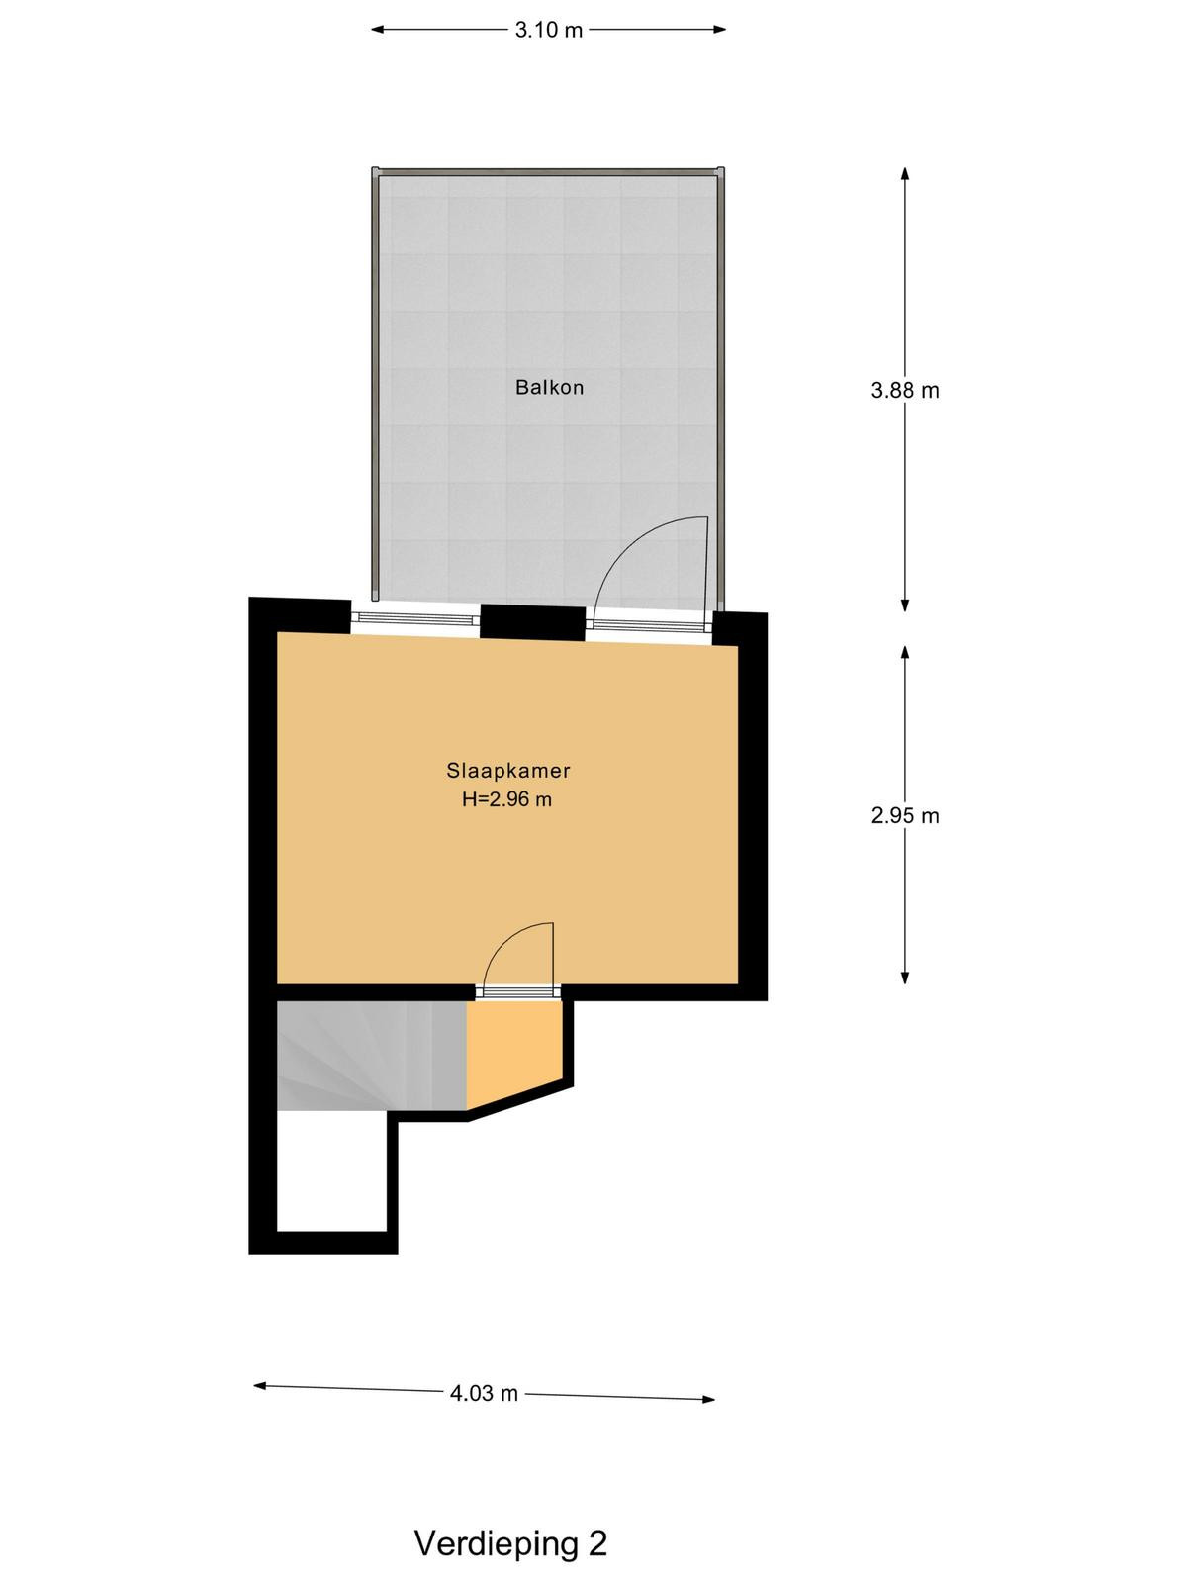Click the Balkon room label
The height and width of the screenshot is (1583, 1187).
point(549,387)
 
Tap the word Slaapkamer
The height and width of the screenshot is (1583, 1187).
point(508,770)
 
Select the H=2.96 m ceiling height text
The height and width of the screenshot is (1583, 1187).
point(506,799)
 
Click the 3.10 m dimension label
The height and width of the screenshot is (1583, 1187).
point(548,31)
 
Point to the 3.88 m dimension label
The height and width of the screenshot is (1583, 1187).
point(905,390)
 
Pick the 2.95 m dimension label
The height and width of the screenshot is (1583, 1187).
point(905,815)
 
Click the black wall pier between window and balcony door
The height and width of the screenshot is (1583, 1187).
point(532,622)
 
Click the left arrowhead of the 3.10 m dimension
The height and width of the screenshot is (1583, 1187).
point(377,30)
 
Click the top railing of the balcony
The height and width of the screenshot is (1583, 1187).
point(548,171)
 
